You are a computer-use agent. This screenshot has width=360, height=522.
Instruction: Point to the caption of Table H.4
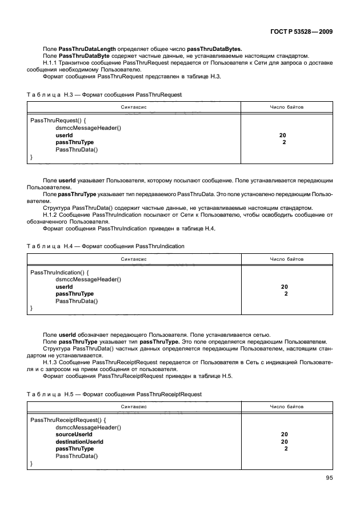(x=105, y=245)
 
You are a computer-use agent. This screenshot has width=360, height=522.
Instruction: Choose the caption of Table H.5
(x=114, y=395)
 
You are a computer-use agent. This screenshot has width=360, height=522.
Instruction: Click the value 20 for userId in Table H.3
(x=282, y=135)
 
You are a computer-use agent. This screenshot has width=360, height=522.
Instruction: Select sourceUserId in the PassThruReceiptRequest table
(x=74, y=435)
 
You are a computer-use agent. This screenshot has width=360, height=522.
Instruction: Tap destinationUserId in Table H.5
(x=79, y=442)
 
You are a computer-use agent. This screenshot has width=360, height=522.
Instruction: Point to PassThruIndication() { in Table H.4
(x=59, y=272)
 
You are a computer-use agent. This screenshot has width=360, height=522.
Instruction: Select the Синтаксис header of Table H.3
(x=134, y=107)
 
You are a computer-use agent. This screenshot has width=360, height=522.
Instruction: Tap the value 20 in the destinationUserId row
(x=284, y=442)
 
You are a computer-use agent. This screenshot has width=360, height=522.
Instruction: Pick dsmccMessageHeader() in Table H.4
(x=88, y=279)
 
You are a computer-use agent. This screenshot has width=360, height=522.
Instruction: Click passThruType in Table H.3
(x=74, y=142)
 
